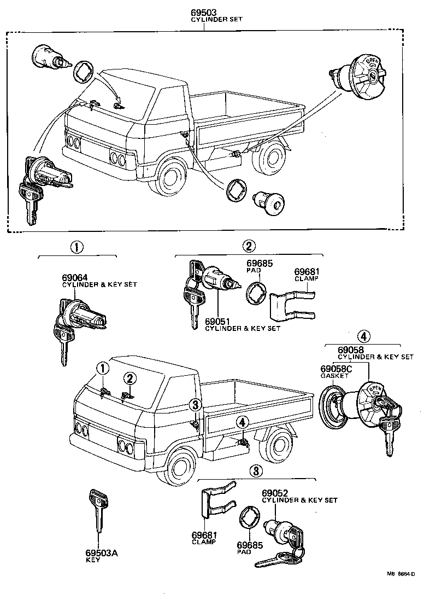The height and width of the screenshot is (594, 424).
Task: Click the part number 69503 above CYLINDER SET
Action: tap(203, 11)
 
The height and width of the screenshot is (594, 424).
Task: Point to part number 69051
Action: tap(217, 322)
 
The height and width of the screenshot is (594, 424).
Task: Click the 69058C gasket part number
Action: tap(336, 369)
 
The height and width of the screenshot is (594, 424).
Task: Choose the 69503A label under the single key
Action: tap(101, 553)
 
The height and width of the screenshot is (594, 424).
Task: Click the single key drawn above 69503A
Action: tap(98, 509)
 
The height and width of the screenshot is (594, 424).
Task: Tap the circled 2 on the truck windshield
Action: tap(129, 377)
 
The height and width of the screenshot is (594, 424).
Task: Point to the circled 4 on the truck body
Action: tap(242, 422)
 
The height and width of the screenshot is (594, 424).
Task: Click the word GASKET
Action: tap(334, 377)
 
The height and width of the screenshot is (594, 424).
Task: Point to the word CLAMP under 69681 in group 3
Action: tap(204, 542)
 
